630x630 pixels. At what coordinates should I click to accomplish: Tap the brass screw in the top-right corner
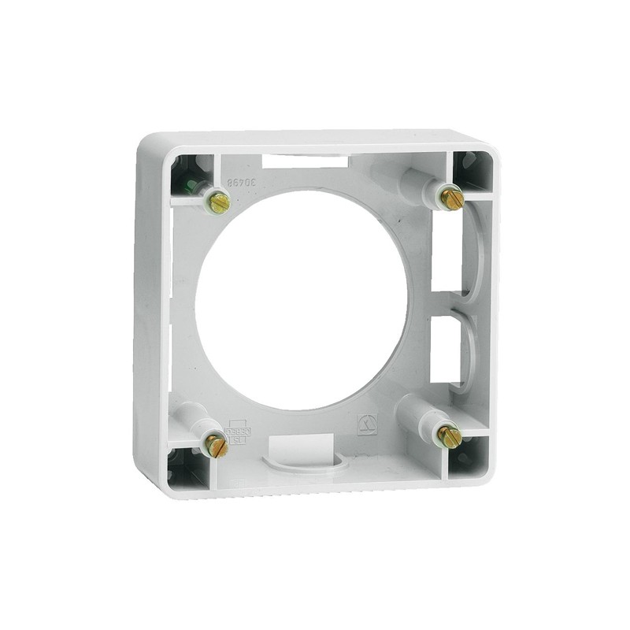tap(450, 197)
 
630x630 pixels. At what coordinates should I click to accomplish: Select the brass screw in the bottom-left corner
tap(216, 446)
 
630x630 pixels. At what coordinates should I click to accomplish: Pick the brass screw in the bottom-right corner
tap(449, 435)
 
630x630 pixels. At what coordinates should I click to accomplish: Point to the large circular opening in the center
tap(302, 299)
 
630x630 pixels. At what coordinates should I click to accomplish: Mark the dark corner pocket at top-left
tap(187, 174)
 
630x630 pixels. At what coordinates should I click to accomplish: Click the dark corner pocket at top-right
tap(475, 169)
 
